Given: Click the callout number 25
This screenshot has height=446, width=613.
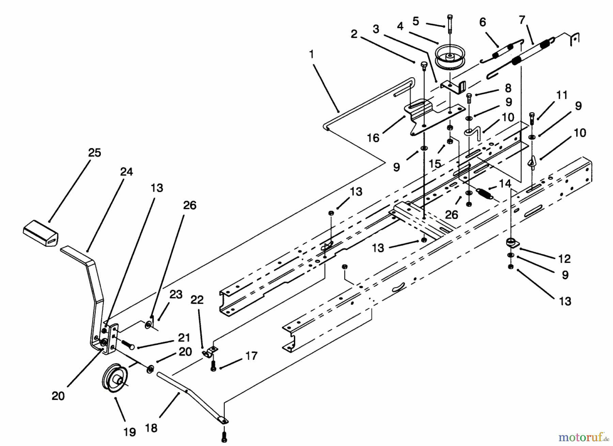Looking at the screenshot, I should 94,153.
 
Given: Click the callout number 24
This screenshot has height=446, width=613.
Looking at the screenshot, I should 126,172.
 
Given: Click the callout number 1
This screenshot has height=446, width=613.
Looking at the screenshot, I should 311,54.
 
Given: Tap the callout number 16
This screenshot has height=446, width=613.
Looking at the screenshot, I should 373,138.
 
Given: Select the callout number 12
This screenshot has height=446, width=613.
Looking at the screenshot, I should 564,259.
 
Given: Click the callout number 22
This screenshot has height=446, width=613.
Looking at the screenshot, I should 197,300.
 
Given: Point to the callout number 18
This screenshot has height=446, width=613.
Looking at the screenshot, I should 151,428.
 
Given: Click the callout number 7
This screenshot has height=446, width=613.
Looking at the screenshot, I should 522,20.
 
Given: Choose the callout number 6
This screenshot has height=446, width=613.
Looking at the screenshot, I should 482,22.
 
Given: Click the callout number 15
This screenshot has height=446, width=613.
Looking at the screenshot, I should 435,164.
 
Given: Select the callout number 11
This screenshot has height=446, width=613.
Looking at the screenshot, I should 562,95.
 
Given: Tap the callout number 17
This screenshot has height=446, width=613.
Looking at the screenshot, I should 251,356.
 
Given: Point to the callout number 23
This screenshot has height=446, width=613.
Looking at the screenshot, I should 176,294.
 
